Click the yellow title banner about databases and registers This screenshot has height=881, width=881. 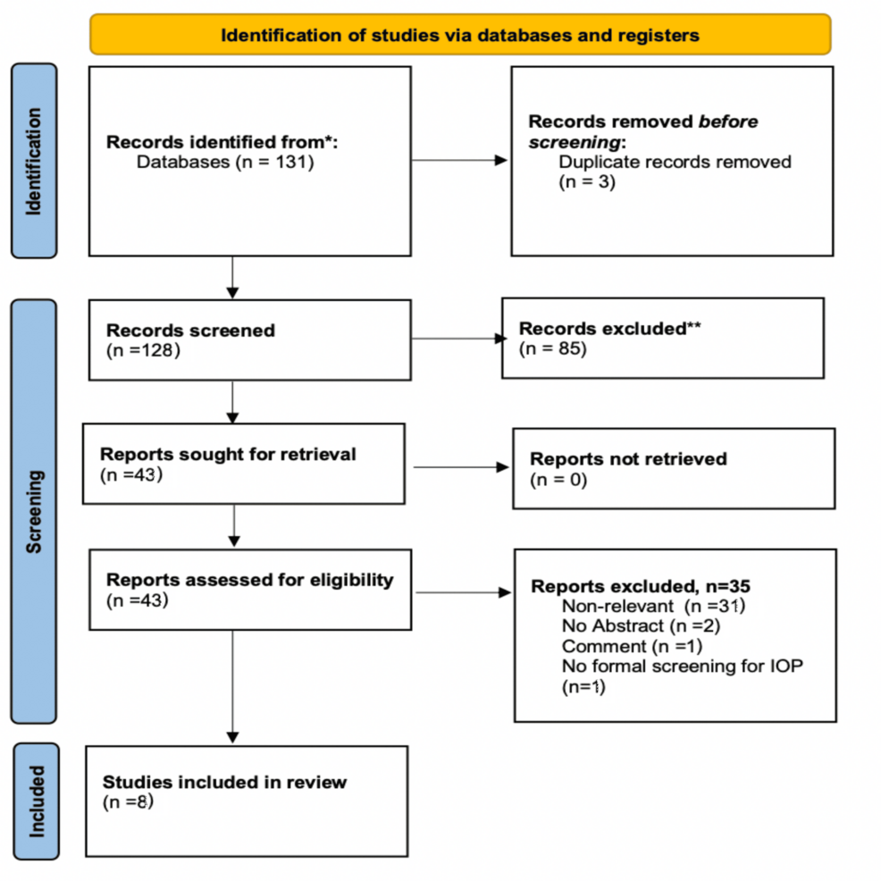pyautogui.click(x=460, y=35)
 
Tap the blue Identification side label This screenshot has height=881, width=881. pyautogui.click(x=34, y=161)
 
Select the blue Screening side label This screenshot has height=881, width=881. pyautogui.click(x=34, y=511)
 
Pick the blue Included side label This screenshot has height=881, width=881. pyautogui.click(x=36, y=801)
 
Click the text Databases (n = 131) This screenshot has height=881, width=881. pyautogui.click(x=225, y=163)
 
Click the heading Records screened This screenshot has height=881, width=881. pyautogui.click(x=190, y=330)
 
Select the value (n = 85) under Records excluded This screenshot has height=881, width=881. pyautogui.click(x=553, y=348)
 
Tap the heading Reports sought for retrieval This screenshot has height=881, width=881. pyautogui.click(x=228, y=454)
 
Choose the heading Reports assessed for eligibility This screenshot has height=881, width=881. pyautogui.click(x=249, y=579)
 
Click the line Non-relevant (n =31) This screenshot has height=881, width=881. pyautogui.click(x=653, y=606)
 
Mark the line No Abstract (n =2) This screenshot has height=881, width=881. pyautogui.click(x=641, y=625)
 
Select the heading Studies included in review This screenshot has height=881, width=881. pyautogui.click(x=224, y=782)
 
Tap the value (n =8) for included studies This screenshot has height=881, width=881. pyautogui.click(x=128, y=801)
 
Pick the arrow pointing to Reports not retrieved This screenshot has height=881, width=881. pyautogui.click(x=460, y=466)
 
